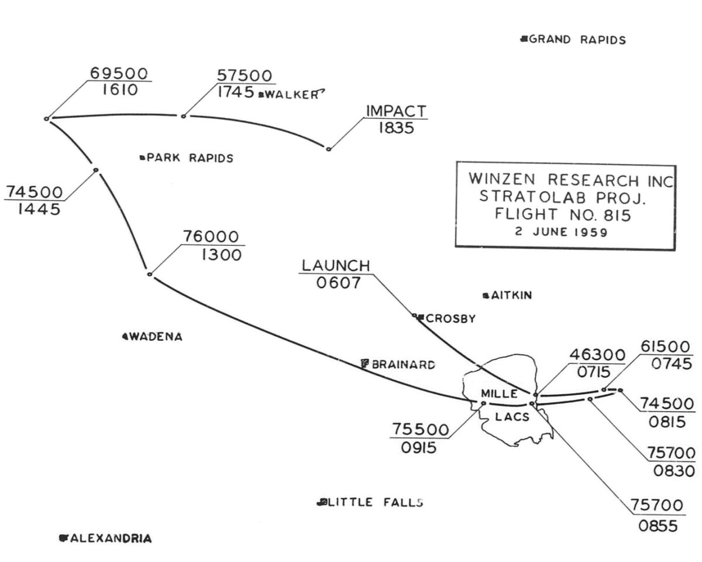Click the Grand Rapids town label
[577, 40]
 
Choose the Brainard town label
[402, 364]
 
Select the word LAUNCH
[336, 266]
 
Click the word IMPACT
[396, 111]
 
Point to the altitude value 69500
[121, 73]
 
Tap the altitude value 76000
[211, 237]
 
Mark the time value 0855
[658, 525]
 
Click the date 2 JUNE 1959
[561, 231]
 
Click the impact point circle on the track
[328, 149]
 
